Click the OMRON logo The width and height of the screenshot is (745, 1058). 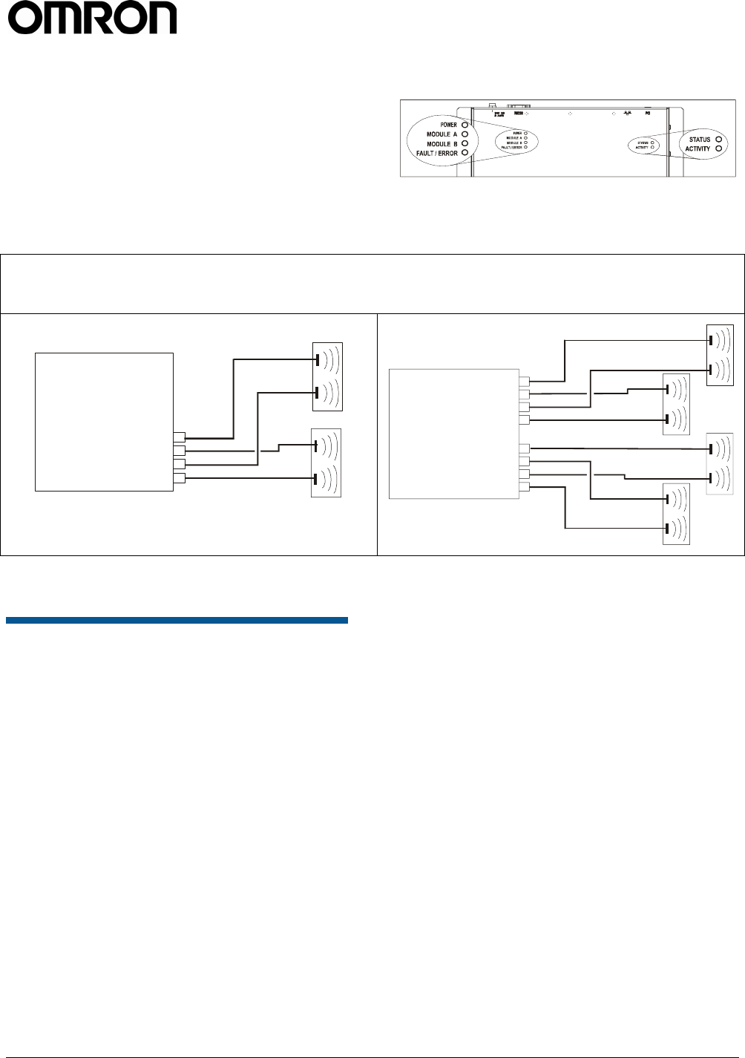point(92,18)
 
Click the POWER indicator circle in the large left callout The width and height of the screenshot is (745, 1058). point(465,125)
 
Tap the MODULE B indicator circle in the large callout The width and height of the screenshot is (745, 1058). point(465,144)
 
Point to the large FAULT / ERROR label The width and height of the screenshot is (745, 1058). point(437,154)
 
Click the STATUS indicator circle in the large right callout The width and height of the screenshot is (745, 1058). point(719,139)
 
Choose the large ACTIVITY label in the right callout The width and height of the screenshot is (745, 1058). point(698,148)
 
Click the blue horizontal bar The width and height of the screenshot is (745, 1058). point(177,620)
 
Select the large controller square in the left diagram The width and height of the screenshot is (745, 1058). point(104,422)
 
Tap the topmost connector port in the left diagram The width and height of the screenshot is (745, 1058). point(179,437)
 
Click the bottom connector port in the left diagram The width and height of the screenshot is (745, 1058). point(179,478)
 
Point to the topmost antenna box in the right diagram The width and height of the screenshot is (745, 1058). point(720,355)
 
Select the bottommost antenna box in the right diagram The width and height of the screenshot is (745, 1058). point(676,514)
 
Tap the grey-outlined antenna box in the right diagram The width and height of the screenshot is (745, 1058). point(719,464)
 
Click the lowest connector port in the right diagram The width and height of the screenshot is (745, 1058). point(525,487)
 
